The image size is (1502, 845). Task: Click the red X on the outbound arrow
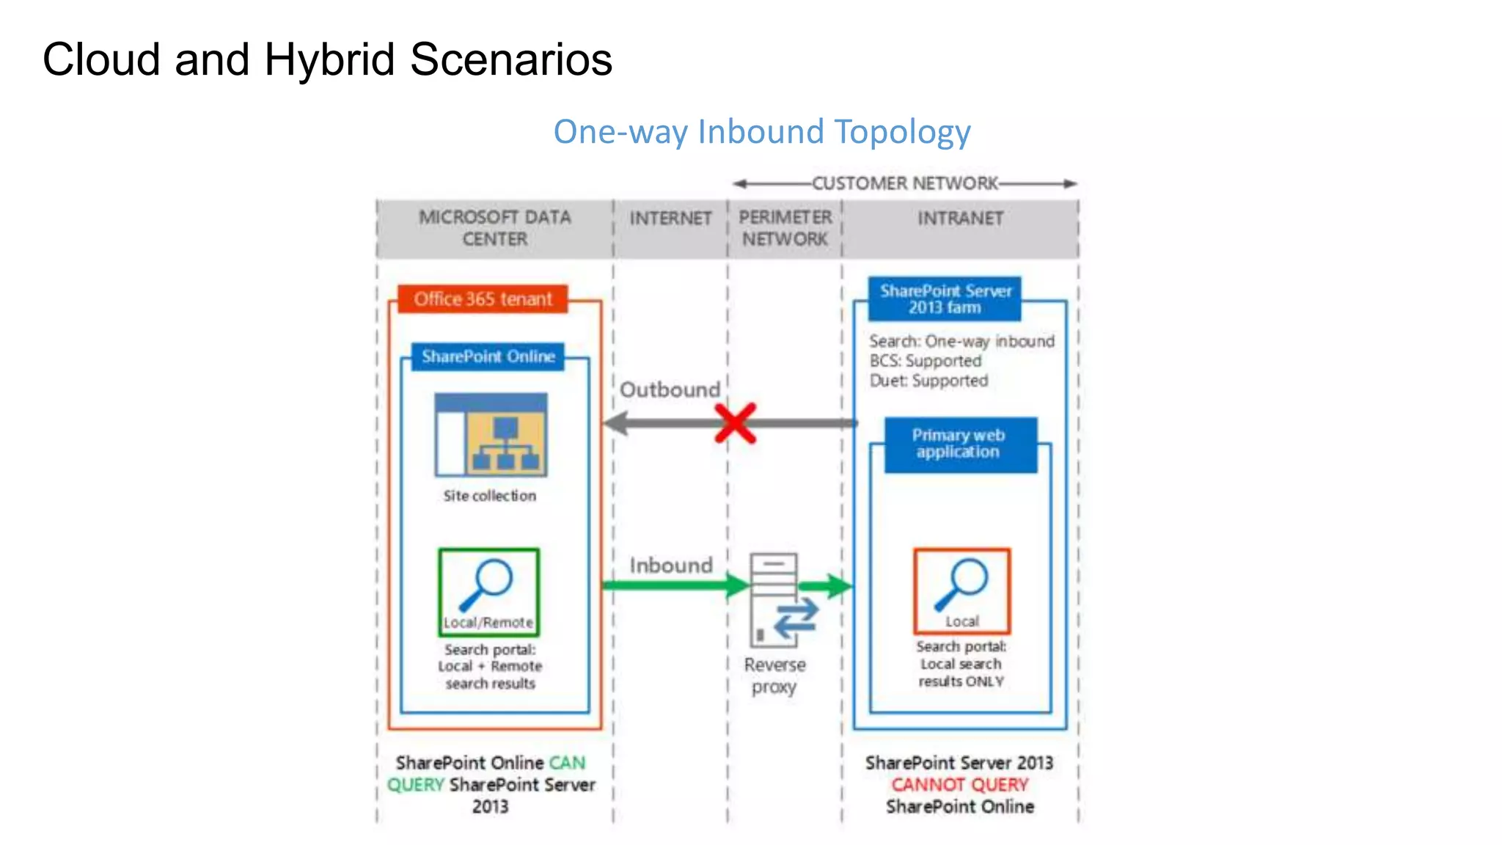[x=735, y=423]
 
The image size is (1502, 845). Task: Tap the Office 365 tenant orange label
[x=483, y=299]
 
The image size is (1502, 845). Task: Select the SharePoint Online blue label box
[x=488, y=356]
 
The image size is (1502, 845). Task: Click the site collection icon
[x=491, y=435]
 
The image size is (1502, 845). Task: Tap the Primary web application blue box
[x=959, y=444]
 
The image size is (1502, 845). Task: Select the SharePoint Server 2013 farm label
[x=945, y=299]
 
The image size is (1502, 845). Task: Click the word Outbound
[x=670, y=389]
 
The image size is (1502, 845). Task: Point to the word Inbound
[x=670, y=566]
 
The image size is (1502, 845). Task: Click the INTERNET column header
[x=670, y=219]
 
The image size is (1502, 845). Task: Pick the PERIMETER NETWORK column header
[x=784, y=228]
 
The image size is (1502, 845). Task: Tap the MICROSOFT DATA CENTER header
[x=494, y=228]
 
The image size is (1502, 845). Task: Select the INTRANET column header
[x=960, y=219]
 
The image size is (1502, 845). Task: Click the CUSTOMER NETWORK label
[x=904, y=183]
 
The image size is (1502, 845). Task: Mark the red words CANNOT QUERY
[x=959, y=785]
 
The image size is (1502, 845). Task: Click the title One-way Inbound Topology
[x=761, y=132]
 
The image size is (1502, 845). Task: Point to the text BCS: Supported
[x=925, y=361]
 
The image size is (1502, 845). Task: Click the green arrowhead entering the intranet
[x=840, y=586]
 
